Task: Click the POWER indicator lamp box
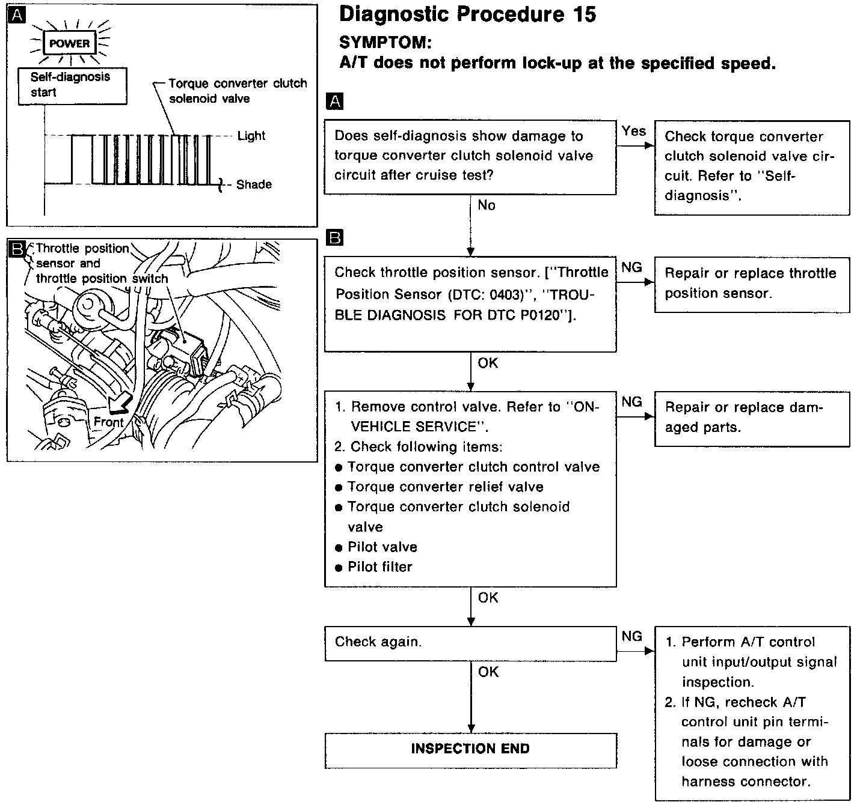(69, 43)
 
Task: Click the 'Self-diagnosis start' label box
(72, 85)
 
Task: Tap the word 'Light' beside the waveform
(251, 136)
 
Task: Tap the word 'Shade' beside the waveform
(254, 184)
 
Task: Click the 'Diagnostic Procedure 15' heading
(467, 14)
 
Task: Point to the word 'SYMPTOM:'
(385, 42)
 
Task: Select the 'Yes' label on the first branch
(634, 131)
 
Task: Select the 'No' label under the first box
(487, 205)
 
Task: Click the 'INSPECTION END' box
(470, 749)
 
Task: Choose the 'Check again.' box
(470, 643)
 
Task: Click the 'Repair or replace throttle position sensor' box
(751, 284)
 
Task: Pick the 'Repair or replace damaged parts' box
(751, 418)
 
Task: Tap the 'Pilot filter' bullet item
(379, 567)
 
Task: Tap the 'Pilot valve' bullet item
(382, 547)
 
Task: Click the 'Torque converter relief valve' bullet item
(445, 487)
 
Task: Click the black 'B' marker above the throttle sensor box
(334, 238)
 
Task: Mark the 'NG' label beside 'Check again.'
(631, 636)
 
